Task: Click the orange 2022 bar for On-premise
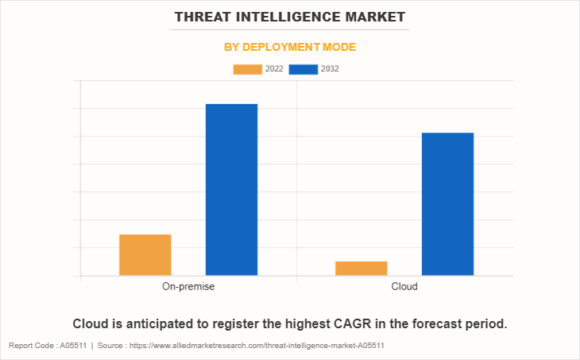pyautogui.click(x=145, y=255)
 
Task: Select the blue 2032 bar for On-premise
pyautogui.click(x=231, y=190)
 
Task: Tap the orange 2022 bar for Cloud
pyautogui.click(x=361, y=269)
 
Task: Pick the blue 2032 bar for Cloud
pyautogui.click(x=447, y=204)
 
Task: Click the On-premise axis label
pyautogui.click(x=188, y=286)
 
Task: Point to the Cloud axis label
pyautogui.click(x=404, y=286)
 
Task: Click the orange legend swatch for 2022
pyautogui.click(x=247, y=69)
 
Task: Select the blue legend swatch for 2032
pyautogui.click(x=304, y=69)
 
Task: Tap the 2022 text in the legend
pyautogui.click(x=274, y=69)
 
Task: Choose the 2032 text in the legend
pyautogui.click(x=330, y=69)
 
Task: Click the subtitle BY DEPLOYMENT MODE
pyautogui.click(x=290, y=47)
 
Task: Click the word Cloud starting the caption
pyautogui.click(x=91, y=324)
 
